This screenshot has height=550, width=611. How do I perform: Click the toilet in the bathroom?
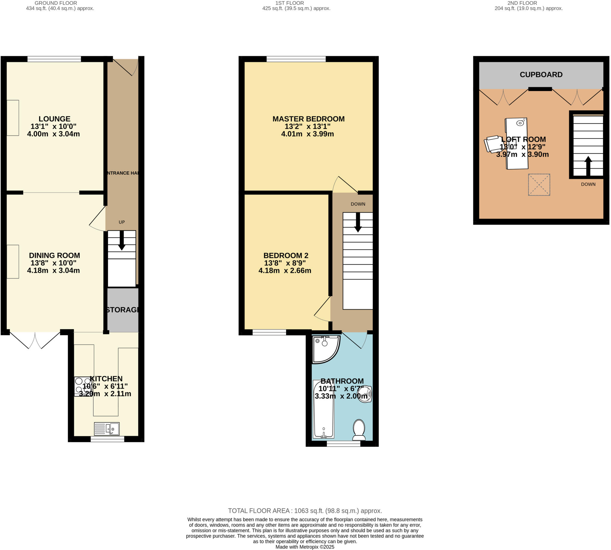tap(359, 430)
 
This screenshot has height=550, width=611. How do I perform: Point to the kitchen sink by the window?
tap(107, 429)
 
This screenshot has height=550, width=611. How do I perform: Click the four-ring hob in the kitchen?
tap(83, 386)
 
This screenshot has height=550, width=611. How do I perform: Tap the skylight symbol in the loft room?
tap(539, 185)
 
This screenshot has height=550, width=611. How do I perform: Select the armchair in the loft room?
tap(492, 144)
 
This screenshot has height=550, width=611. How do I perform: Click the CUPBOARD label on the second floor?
tap(541, 75)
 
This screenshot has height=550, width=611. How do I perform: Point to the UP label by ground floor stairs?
tap(121, 222)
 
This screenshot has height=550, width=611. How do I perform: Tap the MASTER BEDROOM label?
tap(308, 119)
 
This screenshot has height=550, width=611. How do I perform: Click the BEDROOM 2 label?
tap(286, 255)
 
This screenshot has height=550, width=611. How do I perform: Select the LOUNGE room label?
tap(54, 119)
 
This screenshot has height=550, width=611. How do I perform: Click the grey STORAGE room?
tap(123, 310)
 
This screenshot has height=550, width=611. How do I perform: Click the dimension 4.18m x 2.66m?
tap(285, 271)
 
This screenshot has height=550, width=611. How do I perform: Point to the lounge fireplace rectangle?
tap(13, 118)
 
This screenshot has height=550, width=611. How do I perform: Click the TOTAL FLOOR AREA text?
tap(305, 511)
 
